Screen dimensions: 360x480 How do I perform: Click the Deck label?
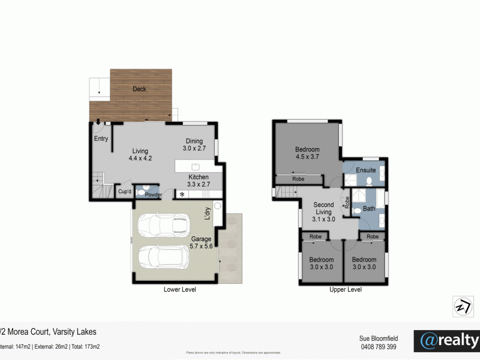(x=139, y=89)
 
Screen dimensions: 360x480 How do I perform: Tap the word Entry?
(x=101, y=139)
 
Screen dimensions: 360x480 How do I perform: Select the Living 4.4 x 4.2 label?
(x=140, y=155)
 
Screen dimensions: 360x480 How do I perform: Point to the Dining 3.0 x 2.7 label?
(x=195, y=144)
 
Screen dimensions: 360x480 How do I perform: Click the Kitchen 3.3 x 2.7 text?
(x=198, y=181)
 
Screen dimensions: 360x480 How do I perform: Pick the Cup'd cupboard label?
(x=124, y=192)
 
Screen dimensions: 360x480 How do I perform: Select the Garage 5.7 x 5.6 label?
(x=202, y=242)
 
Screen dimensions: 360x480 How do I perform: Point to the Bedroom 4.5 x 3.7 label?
(x=307, y=154)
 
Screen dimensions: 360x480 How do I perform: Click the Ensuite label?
(x=365, y=170)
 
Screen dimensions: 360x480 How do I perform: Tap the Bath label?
(x=369, y=209)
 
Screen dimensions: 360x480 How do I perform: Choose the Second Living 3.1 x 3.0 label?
(x=324, y=212)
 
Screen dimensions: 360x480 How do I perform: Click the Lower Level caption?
(x=180, y=289)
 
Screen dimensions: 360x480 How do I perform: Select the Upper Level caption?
(x=346, y=289)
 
